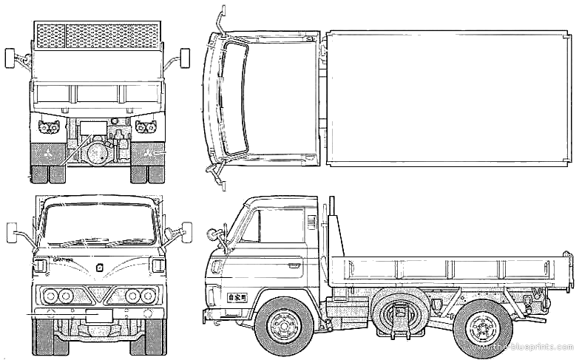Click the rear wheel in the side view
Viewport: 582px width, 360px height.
point(482,326)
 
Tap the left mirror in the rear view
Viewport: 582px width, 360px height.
point(10,58)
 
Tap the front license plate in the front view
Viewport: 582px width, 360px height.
point(99,315)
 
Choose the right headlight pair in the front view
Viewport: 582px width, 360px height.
point(138,296)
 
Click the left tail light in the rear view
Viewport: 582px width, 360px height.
point(50,126)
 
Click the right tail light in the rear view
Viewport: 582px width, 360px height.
point(144,126)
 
